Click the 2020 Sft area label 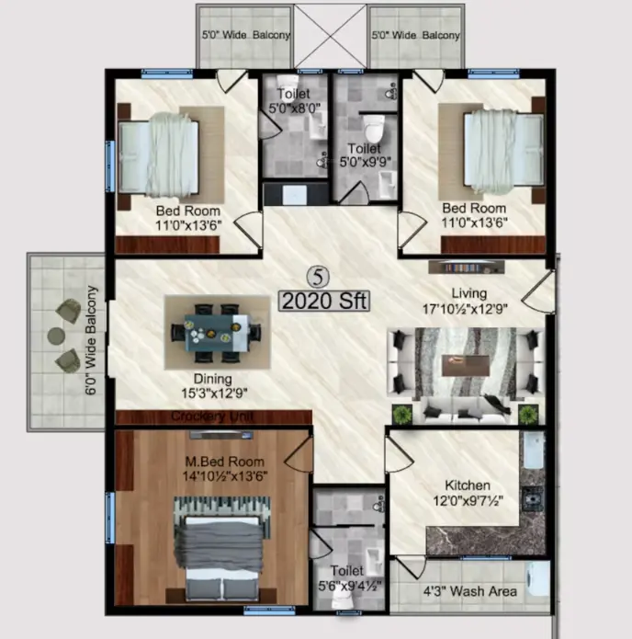click(324, 302)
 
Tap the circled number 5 click(318, 277)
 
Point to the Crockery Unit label click(212, 416)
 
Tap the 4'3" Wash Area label click(470, 591)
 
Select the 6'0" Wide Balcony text click(91, 340)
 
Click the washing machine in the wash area click(537, 581)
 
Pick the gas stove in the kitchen click(533, 498)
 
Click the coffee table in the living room click(466, 365)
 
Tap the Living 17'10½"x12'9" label click(465, 301)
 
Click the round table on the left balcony click(56, 336)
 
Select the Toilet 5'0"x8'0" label click(294, 100)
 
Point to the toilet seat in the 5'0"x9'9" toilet click(374, 128)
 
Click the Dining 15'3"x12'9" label click(214, 385)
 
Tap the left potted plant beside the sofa click(402, 415)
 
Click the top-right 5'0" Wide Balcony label click(416, 36)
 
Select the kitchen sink click(534, 451)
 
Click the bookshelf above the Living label click(467, 268)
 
